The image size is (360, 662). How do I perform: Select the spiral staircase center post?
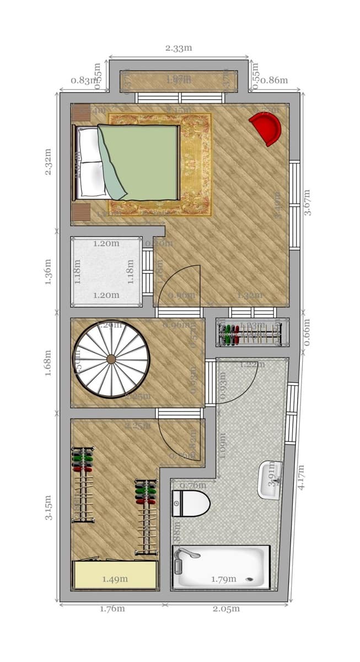[111, 359]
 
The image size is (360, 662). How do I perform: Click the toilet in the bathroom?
[191, 503]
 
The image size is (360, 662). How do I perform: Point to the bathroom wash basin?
[270, 480]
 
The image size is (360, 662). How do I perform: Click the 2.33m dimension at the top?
[179, 48]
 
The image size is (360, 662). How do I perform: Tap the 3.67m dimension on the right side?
[307, 202]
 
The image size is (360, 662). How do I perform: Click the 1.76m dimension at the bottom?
[112, 609]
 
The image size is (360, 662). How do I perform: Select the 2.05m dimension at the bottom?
[227, 609]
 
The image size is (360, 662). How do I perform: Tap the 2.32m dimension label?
[49, 162]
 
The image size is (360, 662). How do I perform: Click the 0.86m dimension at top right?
[274, 81]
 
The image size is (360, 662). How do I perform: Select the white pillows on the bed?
[91, 163]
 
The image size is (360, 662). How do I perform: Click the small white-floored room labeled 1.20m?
[106, 271]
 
